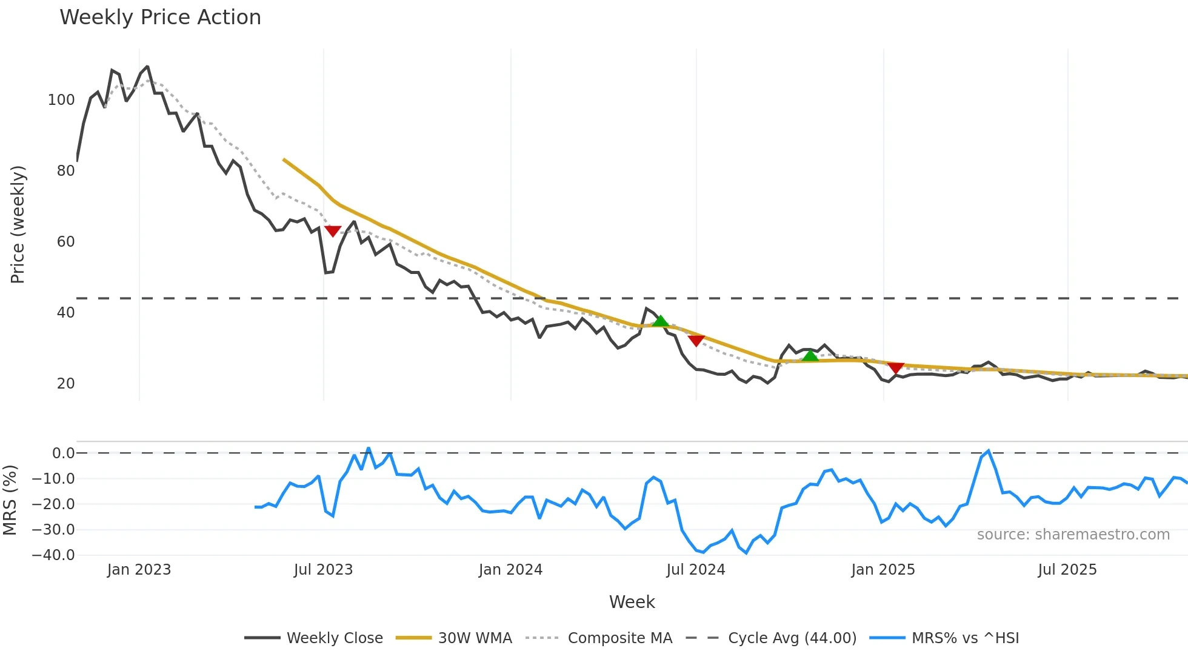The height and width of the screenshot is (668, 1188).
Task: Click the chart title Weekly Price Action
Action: coord(160,18)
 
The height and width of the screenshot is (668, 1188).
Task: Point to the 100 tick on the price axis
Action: coord(61,100)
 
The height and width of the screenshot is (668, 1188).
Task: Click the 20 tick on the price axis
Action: coord(65,384)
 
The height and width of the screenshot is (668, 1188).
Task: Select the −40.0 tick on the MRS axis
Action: coord(53,555)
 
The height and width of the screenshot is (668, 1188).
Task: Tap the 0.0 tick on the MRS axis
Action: coord(63,453)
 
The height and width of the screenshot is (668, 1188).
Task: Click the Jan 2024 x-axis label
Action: coord(510,570)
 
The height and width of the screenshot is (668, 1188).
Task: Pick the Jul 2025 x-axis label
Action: coord(1067,570)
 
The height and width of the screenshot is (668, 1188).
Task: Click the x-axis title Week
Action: coord(632,602)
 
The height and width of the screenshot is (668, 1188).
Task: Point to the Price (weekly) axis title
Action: coord(18,224)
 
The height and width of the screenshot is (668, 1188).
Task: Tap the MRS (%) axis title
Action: coord(10,500)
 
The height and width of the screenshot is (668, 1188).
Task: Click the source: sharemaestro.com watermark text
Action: coord(1073,535)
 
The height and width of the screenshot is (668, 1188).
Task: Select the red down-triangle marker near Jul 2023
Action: coord(333,231)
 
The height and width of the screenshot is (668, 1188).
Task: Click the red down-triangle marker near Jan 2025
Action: coord(896,368)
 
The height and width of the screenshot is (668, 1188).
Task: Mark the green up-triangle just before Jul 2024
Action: coord(661,321)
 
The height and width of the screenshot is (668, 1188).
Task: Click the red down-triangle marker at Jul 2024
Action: coord(696,341)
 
